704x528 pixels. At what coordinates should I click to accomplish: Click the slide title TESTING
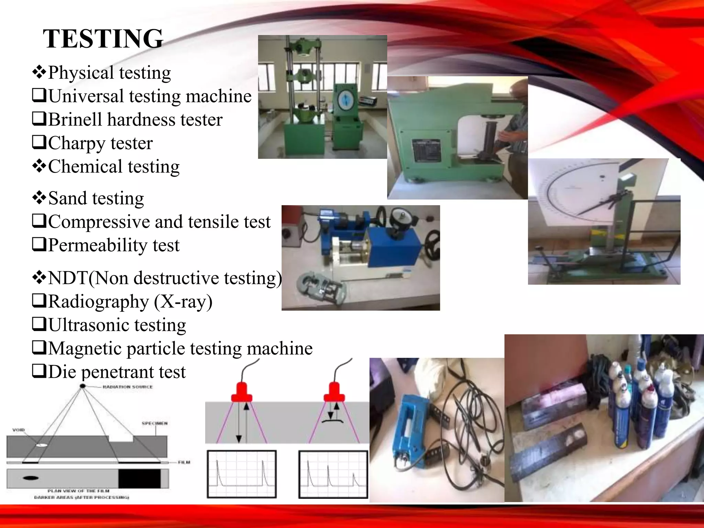103,38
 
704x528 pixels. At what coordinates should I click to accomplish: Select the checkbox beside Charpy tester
39,142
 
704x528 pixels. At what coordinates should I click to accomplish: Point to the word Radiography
98,301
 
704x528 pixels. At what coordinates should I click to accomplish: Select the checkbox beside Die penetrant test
39,371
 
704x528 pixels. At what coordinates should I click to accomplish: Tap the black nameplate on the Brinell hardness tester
426,151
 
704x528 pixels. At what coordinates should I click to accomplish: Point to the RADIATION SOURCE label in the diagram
128,387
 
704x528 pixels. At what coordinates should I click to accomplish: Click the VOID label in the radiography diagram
19,430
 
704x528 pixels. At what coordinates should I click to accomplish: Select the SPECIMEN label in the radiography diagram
154,423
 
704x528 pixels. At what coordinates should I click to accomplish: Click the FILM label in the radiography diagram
184,462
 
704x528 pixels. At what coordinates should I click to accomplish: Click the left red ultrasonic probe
242,393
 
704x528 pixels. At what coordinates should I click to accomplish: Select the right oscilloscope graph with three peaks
333,474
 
